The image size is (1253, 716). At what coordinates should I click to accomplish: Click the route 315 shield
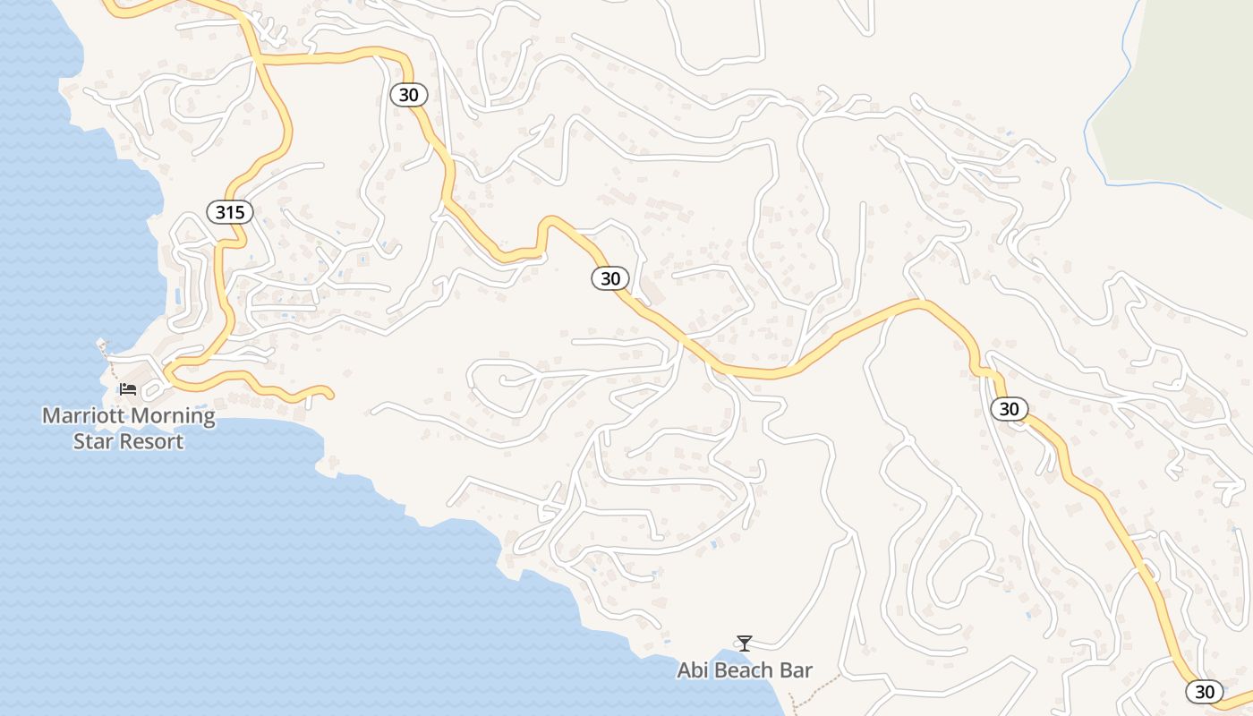tap(230, 212)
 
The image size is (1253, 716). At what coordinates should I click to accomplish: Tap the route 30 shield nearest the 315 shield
tap(409, 94)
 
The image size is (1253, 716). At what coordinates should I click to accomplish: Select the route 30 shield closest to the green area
tap(1009, 409)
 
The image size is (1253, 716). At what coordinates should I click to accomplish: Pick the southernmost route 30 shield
tap(1205, 691)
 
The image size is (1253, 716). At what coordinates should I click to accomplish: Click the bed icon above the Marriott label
tap(128, 388)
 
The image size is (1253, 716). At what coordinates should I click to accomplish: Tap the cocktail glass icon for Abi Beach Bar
tap(744, 643)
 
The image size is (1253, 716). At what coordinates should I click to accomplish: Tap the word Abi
tap(693, 670)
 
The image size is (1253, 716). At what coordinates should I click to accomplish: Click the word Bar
tap(797, 670)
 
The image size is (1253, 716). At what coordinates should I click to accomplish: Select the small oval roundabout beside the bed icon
tap(154, 390)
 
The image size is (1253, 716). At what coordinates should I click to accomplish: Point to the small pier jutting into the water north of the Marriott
tap(102, 345)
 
